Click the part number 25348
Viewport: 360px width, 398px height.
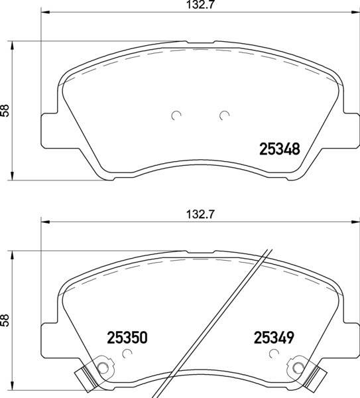(279, 149)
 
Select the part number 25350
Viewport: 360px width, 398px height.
(127, 338)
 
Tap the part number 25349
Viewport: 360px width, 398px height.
(274, 338)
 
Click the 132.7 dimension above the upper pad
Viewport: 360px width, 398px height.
(200, 5)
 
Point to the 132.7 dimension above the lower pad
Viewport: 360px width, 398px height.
(200, 215)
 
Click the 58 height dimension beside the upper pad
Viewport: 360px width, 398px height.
(5, 111)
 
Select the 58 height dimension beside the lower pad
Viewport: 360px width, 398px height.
(5, 320)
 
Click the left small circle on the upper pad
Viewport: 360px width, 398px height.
(176, 115)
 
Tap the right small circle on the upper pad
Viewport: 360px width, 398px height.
(224, 115)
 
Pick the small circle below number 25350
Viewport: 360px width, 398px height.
(127, 354)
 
